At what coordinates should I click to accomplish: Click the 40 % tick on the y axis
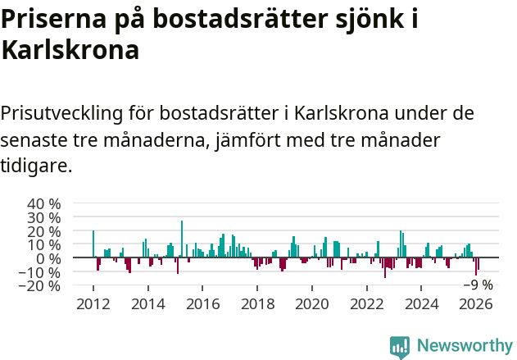tap(44, 203)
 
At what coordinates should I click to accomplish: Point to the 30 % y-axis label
tap(44, 217)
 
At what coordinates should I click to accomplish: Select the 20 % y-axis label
tap(44, 231)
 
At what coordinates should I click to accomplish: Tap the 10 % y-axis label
tap(44, 244)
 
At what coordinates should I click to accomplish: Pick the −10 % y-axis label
tap(40, 272)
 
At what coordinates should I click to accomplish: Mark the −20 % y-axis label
tap(40, 286)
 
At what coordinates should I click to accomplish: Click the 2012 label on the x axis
tap(93, 304)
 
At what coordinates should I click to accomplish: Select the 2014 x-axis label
tap(147, 304)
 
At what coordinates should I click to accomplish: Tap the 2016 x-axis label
tap(202, 304)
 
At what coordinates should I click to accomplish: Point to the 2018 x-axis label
tap(257, 304)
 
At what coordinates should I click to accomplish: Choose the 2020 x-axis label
tap(312, 304)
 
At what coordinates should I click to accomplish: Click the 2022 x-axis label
tap(367, 304)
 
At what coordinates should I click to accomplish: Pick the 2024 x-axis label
tap(422, 304)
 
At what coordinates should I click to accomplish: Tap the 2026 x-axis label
tap(477, 304)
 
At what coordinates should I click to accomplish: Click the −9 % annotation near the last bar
tap(478, 285)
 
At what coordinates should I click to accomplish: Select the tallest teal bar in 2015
tap(182, 239)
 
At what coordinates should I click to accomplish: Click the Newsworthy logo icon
tap(400, 346)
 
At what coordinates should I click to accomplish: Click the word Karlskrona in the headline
tap(70, 51)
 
